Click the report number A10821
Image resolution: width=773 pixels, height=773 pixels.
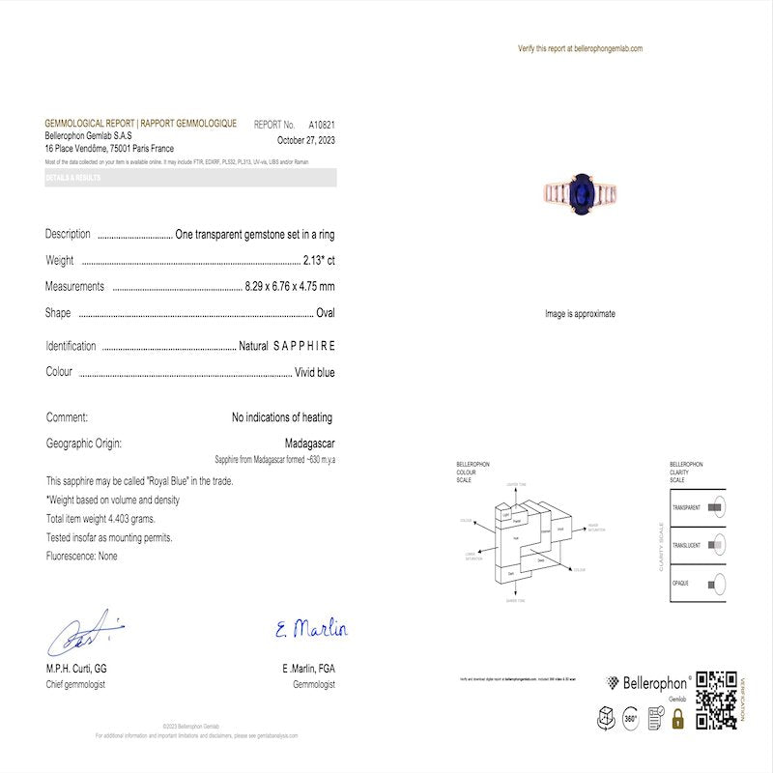(x=322, y=125)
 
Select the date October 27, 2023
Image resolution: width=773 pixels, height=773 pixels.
(x=305, y=139)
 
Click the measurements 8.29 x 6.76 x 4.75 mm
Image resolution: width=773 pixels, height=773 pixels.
(x=291, y=287)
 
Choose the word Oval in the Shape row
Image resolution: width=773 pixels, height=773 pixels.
(x=326, y=313)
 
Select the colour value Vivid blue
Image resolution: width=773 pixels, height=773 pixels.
(x=315, y=372)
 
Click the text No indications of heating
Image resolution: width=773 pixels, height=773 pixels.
(x=282, y=417)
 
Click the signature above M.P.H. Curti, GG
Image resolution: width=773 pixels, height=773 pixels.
(x=84, y=634)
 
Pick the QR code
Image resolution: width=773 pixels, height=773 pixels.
(x=716, y=701)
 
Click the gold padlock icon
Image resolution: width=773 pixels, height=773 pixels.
(x=677, y=719)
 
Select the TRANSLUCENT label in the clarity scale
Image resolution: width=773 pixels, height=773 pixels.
(x=686, y=545)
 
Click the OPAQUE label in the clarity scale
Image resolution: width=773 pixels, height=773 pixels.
(x=681, y=584)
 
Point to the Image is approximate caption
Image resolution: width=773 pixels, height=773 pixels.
(x=580, y=314)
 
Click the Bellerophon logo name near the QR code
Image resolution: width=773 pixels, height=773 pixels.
(x=655, y=683)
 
